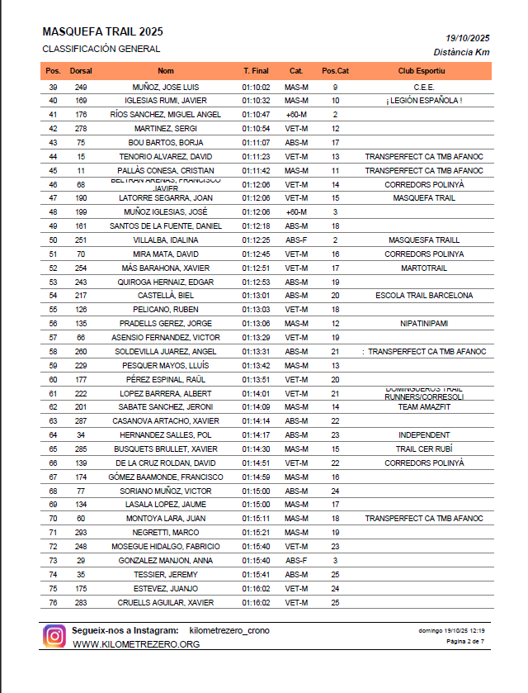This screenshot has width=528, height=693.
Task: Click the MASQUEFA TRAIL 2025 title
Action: (102, 31)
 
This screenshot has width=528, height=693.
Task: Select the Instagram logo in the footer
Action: (54, 636)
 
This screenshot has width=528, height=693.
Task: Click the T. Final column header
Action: (257, 71)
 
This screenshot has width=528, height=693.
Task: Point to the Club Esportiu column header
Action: (422, 71)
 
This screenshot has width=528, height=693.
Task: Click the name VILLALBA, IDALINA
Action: (166, 240)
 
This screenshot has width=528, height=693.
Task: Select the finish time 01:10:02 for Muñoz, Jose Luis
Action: (257, 87)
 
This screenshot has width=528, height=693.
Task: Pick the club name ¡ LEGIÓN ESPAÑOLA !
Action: (424, 101)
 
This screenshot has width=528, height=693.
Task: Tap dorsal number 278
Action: (81, 129)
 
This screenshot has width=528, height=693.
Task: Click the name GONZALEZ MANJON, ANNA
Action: (166, 560)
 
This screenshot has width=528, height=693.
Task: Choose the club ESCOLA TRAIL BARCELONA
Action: (424, 296)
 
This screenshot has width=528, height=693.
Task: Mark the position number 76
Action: (54, 602)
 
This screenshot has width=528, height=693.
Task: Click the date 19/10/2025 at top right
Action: (468, 38)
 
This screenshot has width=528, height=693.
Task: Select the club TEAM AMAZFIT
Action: (424, 407)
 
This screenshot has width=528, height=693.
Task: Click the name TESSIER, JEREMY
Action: (166, 574)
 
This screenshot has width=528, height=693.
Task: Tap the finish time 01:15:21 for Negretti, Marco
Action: (257, 533)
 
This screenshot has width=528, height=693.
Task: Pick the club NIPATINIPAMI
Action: (424, 324)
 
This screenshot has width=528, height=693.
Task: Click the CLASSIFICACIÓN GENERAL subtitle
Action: (101, 50)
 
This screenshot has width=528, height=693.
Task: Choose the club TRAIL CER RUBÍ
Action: (424, 449)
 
